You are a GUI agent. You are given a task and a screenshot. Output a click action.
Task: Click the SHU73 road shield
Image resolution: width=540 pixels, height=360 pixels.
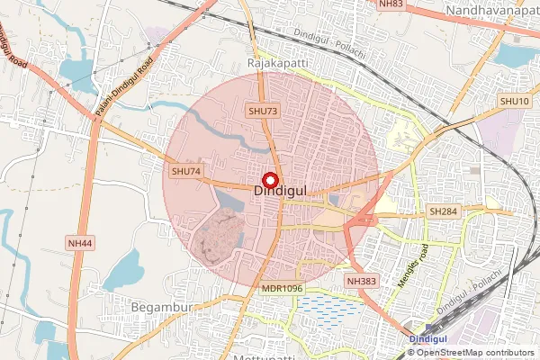pyautogui.click(x=263, y=110)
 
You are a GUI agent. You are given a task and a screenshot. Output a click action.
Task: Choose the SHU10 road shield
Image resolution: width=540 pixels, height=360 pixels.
pyautogui.click(x=514, y=102)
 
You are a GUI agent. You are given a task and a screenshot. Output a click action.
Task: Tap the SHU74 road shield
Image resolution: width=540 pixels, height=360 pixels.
pyautogui.click(x=185, y=170)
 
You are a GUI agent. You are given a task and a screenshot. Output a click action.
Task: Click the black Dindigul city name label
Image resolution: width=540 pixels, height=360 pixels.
pyautogui.click(x=282, y=191)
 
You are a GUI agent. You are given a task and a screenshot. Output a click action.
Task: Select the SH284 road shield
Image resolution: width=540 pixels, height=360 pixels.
pyautogui.click(x=443, y=211)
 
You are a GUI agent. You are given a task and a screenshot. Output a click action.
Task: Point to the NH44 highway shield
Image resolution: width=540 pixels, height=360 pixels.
pyautogui.click(x=79, y=243)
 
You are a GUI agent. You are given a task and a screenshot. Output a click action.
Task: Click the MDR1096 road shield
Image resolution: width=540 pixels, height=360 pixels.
pyautogui.click(x=282, y=288)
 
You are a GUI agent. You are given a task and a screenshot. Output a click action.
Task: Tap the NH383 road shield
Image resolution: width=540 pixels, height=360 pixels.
pyautogui.click(x=363, y=282)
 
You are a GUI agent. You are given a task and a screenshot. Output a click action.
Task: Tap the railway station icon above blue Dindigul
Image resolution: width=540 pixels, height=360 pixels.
pyautogui.click(x=416, y=328)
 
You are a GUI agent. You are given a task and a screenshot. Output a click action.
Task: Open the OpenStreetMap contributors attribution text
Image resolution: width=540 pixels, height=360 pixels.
pyautogui.click(x=477, y=352)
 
